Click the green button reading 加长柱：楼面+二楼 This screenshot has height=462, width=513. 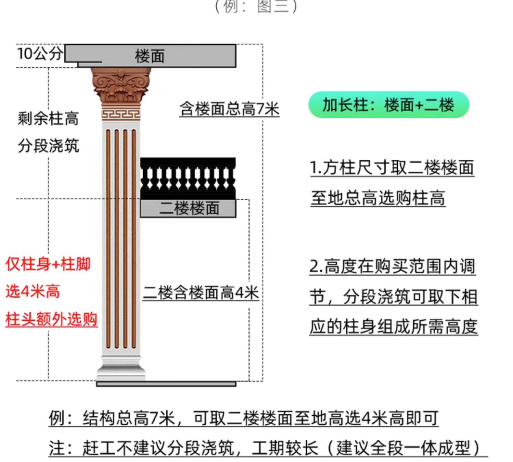[389, 105]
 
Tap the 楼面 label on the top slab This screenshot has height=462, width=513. [150, 56]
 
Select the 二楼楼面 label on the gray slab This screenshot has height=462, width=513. [189, 208]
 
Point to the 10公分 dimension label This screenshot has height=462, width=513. [40, 54]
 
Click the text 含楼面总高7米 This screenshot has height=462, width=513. [229, 109]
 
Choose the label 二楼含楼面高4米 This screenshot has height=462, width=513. [200, 293]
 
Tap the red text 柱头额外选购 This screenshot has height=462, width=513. [52, 319]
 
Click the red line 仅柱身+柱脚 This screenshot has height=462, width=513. [48, 265]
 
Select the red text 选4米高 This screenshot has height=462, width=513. [33, 292]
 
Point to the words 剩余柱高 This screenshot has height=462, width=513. [48, 119]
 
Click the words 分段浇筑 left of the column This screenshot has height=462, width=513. [48, 146]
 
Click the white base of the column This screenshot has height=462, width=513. [120, 368]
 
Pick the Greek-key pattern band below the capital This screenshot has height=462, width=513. [121, 114]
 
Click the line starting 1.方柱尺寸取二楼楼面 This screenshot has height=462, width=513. [392, 168]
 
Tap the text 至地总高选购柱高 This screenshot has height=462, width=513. [378, 198]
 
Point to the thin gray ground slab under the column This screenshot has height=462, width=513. [166, 384]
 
